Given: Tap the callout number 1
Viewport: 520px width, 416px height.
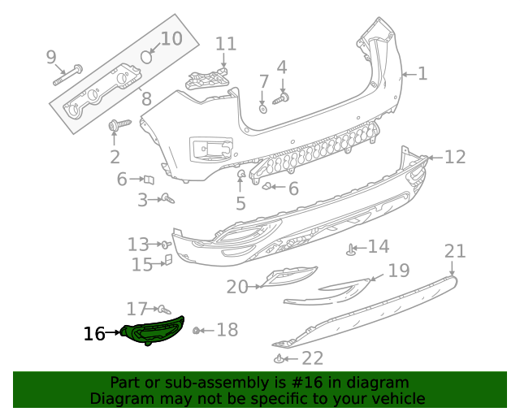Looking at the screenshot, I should pos(422,74).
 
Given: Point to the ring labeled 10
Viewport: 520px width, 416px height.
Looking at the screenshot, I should pos(146,56).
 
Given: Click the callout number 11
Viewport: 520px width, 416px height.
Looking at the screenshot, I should pos(225,44).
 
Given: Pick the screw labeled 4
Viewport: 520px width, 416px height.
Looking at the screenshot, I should pos(282,99).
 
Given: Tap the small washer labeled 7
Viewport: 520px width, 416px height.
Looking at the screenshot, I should pos(263,107).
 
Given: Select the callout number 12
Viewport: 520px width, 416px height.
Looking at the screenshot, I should pos(455,157).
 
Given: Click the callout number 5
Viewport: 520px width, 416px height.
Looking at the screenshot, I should pos(240,203).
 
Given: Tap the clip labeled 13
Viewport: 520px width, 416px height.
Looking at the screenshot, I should pos(165,244).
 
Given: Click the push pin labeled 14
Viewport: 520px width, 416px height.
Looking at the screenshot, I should pos(351,249).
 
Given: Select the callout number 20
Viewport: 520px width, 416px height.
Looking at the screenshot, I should pos(237,286).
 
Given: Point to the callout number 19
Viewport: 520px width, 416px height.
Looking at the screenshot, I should pos(398,271).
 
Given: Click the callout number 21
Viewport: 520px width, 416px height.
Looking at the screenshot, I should pos(455,251).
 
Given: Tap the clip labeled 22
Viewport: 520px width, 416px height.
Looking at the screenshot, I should pos(279,358).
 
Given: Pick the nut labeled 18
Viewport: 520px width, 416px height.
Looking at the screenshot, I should pos(197,330).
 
